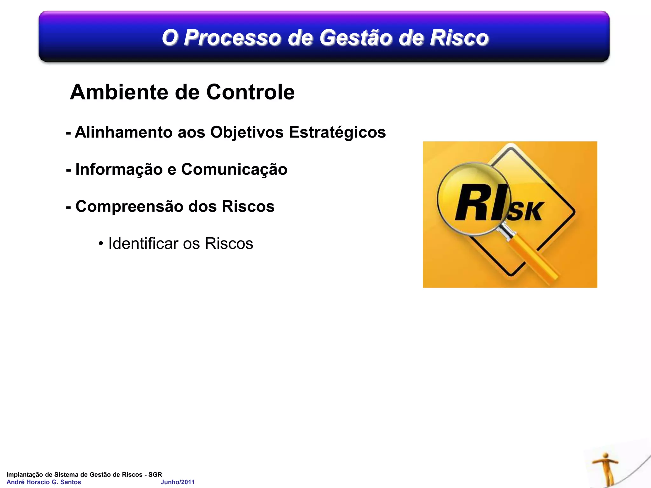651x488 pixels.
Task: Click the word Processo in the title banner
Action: [232, 37]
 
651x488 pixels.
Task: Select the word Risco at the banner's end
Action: [459, 37]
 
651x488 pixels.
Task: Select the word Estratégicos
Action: [337, 132]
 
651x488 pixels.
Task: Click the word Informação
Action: [119, 169]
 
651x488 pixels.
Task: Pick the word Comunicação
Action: [234, 169]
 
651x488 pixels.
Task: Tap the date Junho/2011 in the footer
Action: [177, 482]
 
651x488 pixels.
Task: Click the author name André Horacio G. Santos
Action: [44, 482]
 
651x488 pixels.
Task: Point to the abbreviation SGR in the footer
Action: [155, 474]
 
